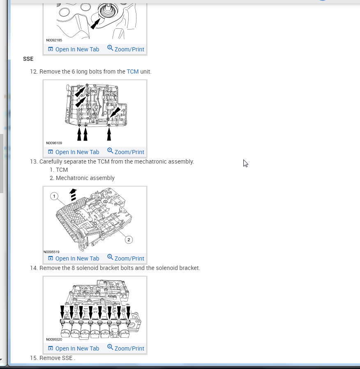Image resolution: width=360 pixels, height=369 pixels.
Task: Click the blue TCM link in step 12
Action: [133, 71]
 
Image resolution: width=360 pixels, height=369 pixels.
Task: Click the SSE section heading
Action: [28, 59]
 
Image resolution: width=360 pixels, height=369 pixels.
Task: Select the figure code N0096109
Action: [54, 143]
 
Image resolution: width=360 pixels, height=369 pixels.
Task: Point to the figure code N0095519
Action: [51, 252]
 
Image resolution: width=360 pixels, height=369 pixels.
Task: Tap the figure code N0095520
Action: [54, 339]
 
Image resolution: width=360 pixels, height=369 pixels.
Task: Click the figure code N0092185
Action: [54, 40]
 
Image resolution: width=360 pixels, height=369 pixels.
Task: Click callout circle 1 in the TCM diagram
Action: [54, 196]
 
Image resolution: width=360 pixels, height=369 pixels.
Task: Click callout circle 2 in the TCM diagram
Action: [129, 240]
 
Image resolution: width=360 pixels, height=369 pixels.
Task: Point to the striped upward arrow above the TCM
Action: [73, 195]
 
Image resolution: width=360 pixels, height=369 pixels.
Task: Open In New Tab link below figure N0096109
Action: [74, 152]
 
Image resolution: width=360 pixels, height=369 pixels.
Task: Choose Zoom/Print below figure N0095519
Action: [126, 258]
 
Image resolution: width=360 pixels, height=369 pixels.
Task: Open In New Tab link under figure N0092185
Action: [74, 49]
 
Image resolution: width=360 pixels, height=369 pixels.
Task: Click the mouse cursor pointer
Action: [245, 163]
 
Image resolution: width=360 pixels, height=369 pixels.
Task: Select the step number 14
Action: [34, 268]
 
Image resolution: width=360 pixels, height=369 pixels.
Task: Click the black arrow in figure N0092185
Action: [95, 24]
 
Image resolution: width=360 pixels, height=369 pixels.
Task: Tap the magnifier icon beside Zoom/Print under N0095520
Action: [110, 347]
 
